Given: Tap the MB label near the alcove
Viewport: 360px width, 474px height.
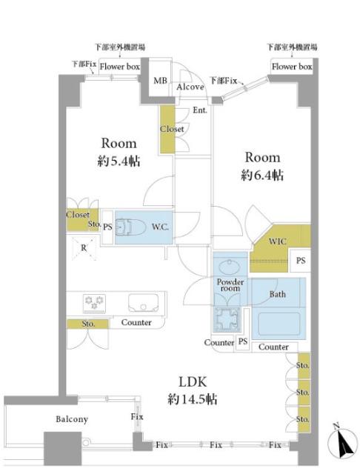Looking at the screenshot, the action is coord(160,81).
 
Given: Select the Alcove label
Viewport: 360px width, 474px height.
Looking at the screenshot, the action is coord(190,87).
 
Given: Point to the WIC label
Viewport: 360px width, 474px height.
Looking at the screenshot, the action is coord(277,241).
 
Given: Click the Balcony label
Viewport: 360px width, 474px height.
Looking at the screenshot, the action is coord(72,419).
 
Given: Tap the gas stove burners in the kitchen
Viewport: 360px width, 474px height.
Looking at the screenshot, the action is coord(94,303).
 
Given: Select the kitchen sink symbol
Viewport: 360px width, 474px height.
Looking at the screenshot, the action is coord(143,303).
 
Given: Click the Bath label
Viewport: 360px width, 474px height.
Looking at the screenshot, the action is coord(278,294).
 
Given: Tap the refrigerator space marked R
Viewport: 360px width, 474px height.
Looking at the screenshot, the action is coord(84,248).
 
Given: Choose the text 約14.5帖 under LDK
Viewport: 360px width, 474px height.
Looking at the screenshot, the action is coord(193,400).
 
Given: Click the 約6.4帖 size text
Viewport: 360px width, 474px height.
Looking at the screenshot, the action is coord(262,176).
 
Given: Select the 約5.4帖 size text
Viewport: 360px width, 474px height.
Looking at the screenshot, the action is coord(119,161).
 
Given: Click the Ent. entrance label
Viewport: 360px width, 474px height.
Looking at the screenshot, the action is coord(200,110).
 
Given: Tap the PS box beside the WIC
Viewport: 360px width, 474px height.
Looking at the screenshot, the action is coord(300,260).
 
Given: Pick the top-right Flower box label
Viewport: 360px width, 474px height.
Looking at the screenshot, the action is coord(292,67).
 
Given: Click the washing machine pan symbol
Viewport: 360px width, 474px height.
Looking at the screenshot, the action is coord(227,320).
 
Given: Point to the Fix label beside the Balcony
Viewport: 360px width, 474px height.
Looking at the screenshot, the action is coord(137,416).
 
